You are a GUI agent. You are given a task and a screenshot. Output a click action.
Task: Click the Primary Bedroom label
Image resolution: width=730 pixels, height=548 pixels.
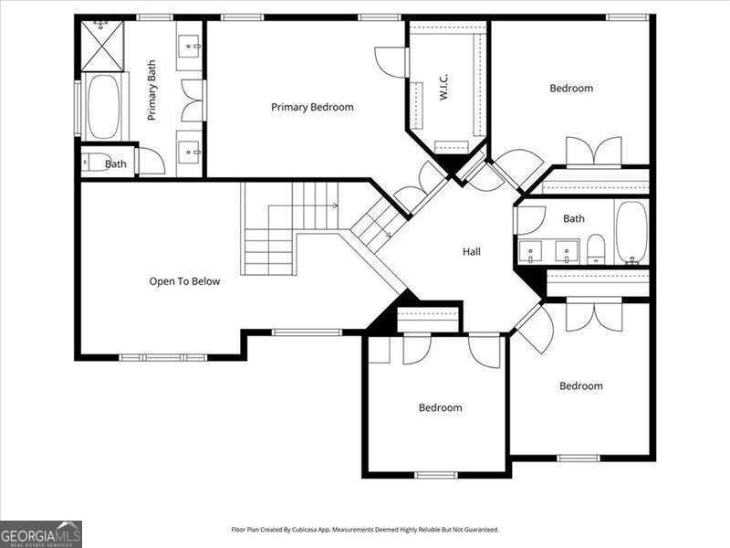pyautogui.click(x=312, y=107)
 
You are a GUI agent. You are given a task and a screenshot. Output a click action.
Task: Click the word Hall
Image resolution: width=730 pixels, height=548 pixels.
pyautogui.click(x=472, y=251)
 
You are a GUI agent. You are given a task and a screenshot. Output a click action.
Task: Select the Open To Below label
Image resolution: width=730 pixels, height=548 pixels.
pyautogui.click(x=184, y=281)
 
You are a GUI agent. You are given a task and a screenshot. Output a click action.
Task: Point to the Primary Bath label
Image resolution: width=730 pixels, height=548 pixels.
pyautogui.click(x=152, y=90)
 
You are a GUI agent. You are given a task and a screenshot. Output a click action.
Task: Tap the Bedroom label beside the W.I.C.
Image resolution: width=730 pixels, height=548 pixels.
pyautogui.click(x=571, y=89)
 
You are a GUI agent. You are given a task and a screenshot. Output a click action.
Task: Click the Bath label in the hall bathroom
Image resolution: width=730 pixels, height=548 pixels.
pyautogui.click(x=573, y=218)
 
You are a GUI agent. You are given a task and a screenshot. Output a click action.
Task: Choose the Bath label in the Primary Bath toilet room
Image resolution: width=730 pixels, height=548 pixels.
pyautogui.click(x=116, y=164)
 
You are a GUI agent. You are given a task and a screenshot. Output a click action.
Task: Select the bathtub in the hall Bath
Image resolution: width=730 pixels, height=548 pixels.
pyautogui.click(x=631, y=232)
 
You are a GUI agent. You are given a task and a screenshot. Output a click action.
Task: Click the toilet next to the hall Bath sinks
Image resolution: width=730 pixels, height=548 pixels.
pyautogui.click(x=595, y=248)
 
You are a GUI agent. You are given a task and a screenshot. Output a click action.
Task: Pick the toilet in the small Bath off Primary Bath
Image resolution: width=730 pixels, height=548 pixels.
pyautogui.click(x=94, y=163)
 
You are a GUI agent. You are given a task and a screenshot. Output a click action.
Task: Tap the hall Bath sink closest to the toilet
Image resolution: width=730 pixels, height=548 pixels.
pyautogui.click(x=567, y=249)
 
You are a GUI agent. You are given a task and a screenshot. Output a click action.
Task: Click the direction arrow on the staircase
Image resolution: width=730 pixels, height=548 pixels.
pyautogui.click(x=335, y=206)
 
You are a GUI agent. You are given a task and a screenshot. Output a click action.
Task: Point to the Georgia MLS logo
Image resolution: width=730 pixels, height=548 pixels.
pyautogui.click(x=41, y=533)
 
